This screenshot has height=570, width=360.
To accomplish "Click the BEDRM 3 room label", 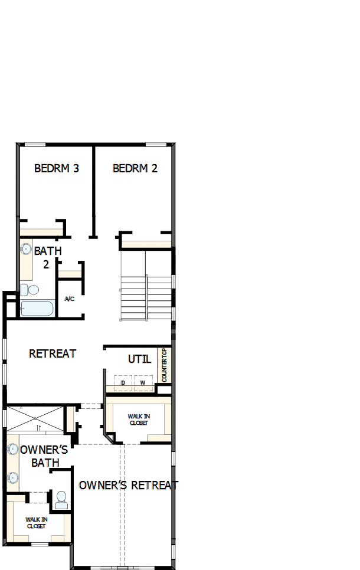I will [x=57, y=168].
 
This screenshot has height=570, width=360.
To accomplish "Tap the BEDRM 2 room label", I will [x=135, y=168].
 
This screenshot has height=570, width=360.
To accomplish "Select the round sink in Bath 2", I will [x=26, y=250].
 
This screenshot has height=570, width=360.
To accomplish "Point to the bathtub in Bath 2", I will [x=37, y=309].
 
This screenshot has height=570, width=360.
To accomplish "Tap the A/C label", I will [x=69, y=299].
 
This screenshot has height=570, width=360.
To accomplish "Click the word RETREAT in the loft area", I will [x=53, y=354].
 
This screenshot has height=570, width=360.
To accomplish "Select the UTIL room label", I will [x=140, y=359].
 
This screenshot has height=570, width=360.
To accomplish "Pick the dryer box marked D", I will [x=123, y=384].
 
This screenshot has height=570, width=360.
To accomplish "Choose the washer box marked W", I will [x=143, y=384].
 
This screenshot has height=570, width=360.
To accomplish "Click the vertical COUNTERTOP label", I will [x=165, y=365].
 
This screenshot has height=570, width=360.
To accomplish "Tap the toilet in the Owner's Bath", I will [x=60, y=502].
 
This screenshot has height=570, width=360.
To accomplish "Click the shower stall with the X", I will [x=34, y=418].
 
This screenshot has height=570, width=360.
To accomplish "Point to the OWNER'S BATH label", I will [x=44, y=456].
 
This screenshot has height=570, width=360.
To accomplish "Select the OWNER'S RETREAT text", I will [x=128, y=485].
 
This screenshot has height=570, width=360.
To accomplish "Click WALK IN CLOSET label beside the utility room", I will [x=139, y=420].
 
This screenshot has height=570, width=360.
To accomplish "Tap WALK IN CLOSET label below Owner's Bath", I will [x=36, y=523].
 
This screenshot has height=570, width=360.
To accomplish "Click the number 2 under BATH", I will [x=46, y=264].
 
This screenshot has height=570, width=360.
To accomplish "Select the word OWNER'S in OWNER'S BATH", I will [x=44, y=450].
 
